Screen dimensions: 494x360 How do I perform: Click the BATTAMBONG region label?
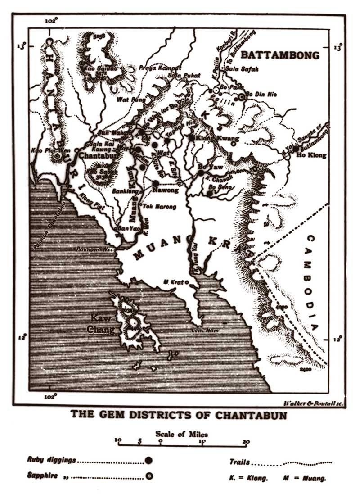click(x=280, y=55)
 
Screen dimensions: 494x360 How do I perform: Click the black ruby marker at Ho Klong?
click(x=296, y=149)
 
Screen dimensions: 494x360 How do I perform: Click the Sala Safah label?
click(x=239, y=69)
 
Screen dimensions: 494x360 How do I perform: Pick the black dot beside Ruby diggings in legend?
click(x=149, y=461)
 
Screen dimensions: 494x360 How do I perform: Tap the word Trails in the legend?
click(x=239, y=462)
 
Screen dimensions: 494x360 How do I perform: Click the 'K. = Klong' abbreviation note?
click(x=248, y=477)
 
